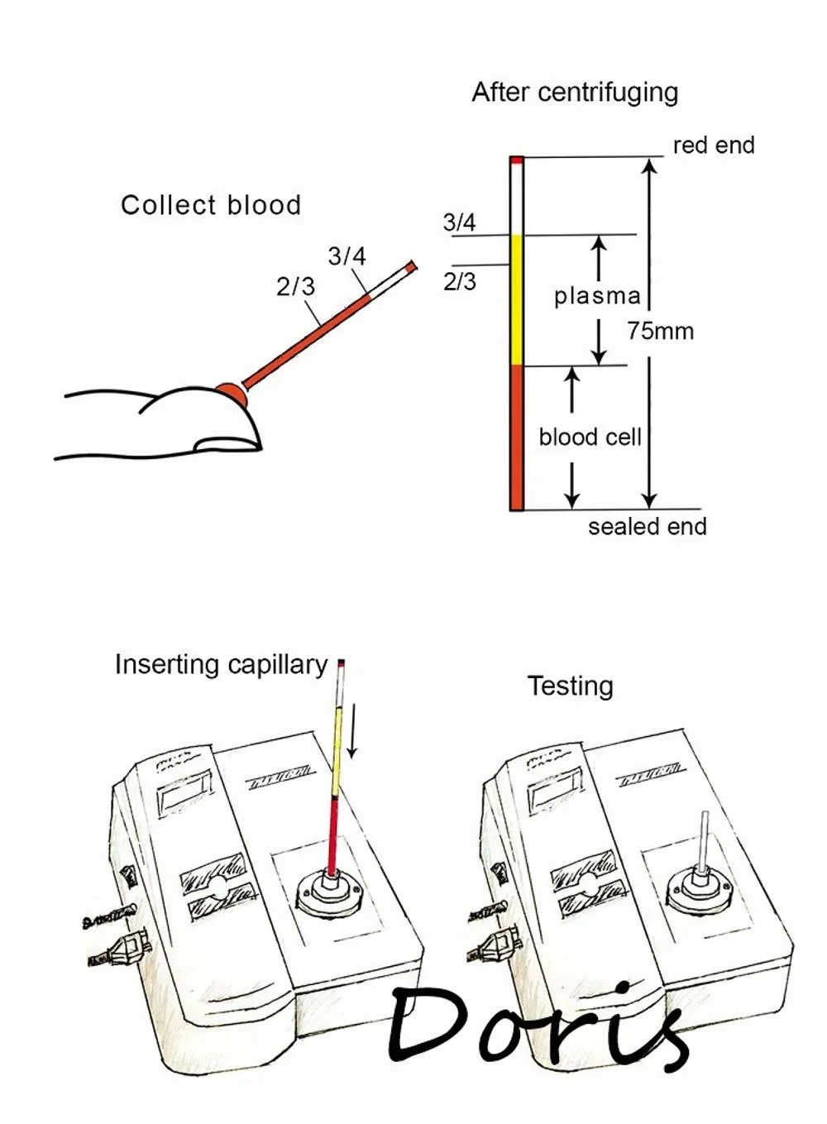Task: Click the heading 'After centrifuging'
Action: point(574,93)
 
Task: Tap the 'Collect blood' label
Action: point(211,205)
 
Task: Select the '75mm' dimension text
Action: point(659,332)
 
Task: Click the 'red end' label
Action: point(713,146)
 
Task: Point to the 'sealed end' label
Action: point(647,527)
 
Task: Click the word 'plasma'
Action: point(596,296)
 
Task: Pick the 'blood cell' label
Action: point(590,437)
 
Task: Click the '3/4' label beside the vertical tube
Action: point(459,222)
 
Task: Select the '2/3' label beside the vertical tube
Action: point(459,282)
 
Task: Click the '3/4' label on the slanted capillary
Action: point(347,256)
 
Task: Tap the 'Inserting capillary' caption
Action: point(221,665)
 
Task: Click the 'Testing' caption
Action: point(570,686)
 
